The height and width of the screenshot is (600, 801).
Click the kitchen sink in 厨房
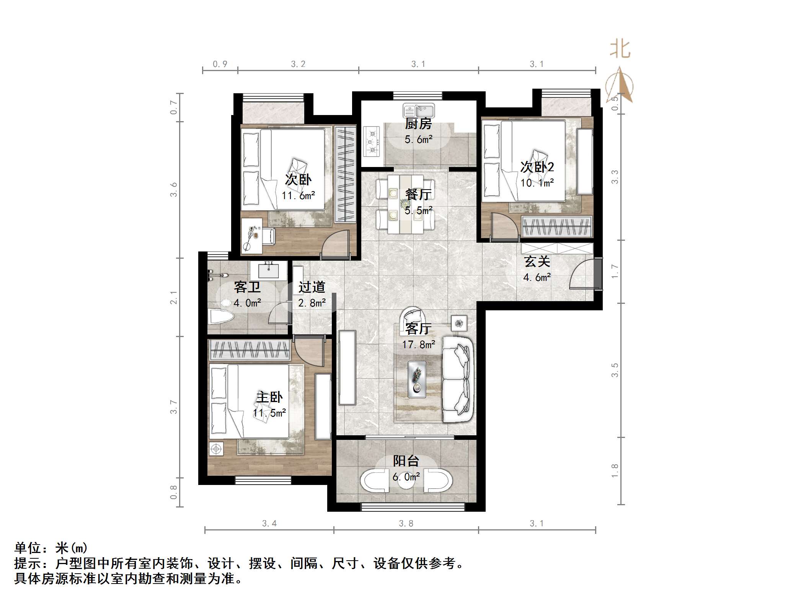coord(418,111)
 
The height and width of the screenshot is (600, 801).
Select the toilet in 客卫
coord(222,317)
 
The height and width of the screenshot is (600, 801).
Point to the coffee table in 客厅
coord(417,379)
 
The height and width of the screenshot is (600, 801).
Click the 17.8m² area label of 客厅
coord(418,345)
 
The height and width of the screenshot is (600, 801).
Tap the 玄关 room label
coord(537,262)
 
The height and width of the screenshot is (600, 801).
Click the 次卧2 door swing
coord(504,226)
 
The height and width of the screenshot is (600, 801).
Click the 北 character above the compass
coord(620,50)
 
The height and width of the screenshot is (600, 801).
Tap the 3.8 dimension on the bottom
coord(406,524)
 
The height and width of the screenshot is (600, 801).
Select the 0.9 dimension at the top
coord(220,64)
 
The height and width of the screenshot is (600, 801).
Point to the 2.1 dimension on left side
coord(174,297)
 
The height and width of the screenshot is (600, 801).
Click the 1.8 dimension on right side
coord(615,470)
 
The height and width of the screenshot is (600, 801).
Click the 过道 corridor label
coord(312,287)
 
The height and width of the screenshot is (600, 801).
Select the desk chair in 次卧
coord(268,235)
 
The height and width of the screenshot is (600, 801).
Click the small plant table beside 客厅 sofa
coord(458,323)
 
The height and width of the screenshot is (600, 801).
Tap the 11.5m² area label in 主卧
coord(269,413)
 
